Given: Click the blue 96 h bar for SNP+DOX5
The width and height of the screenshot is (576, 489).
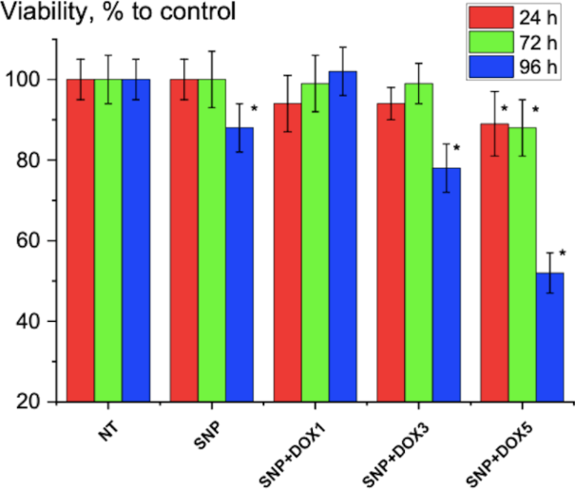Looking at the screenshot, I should point(550,337).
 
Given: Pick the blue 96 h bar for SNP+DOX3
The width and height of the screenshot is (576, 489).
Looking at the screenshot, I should point(447,285).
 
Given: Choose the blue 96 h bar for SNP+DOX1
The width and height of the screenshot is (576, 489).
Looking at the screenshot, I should point(342,236).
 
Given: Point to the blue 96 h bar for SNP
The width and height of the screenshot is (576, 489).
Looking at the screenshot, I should point(240,265).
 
